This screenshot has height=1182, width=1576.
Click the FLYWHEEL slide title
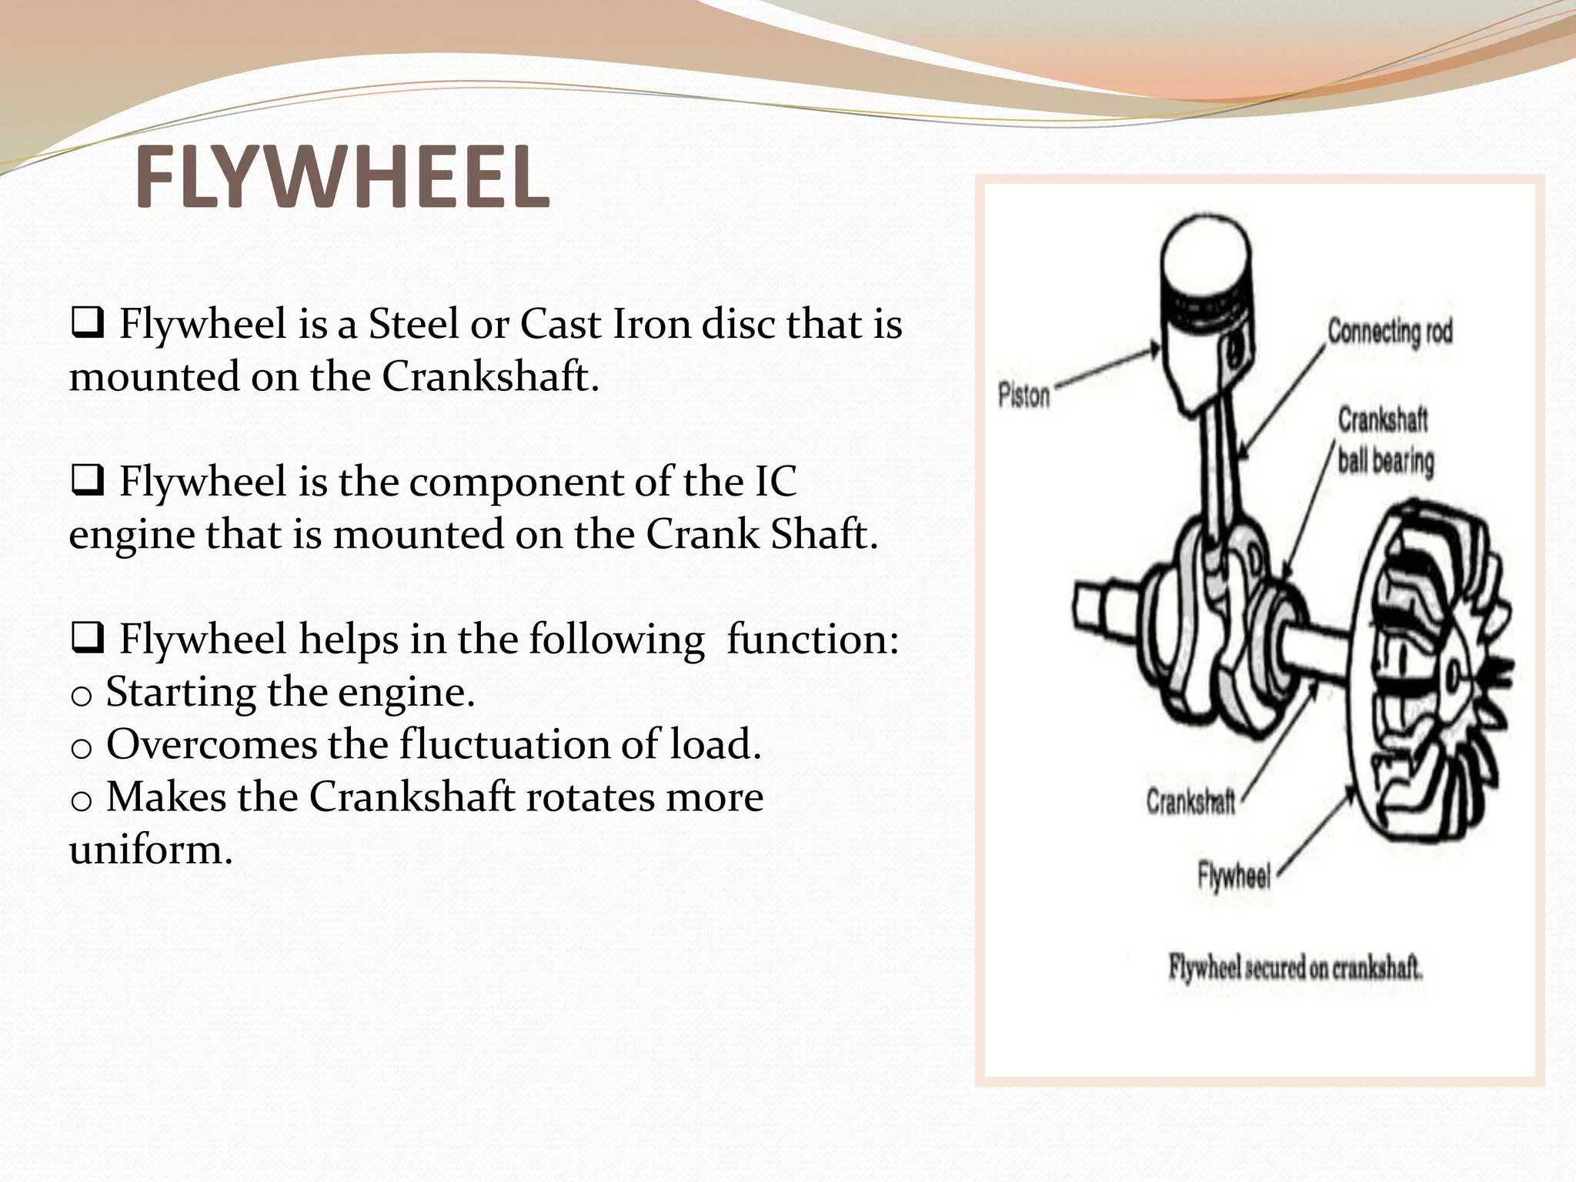pyautogui.click(x=342, y=179)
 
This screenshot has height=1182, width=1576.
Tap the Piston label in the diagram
pyautogui.click(x=1023, y=396)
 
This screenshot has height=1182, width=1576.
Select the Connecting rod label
pyautogui.click(x=1390, y=332)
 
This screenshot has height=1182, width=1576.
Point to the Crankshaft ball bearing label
pyautogui.click(x=1384, y=441)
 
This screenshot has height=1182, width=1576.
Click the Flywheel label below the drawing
pyautogui.click(x=1234, y=876)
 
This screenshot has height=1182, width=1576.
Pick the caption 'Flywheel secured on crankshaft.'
pyautogui.click(x=1295, y=968)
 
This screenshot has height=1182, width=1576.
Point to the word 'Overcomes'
pyautogui.click(x=211, y=745)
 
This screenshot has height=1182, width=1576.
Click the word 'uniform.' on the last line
pyautogui.click(x=151, y=850)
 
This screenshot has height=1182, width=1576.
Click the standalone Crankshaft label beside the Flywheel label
pyautogui.click(x=1190, y=802)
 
